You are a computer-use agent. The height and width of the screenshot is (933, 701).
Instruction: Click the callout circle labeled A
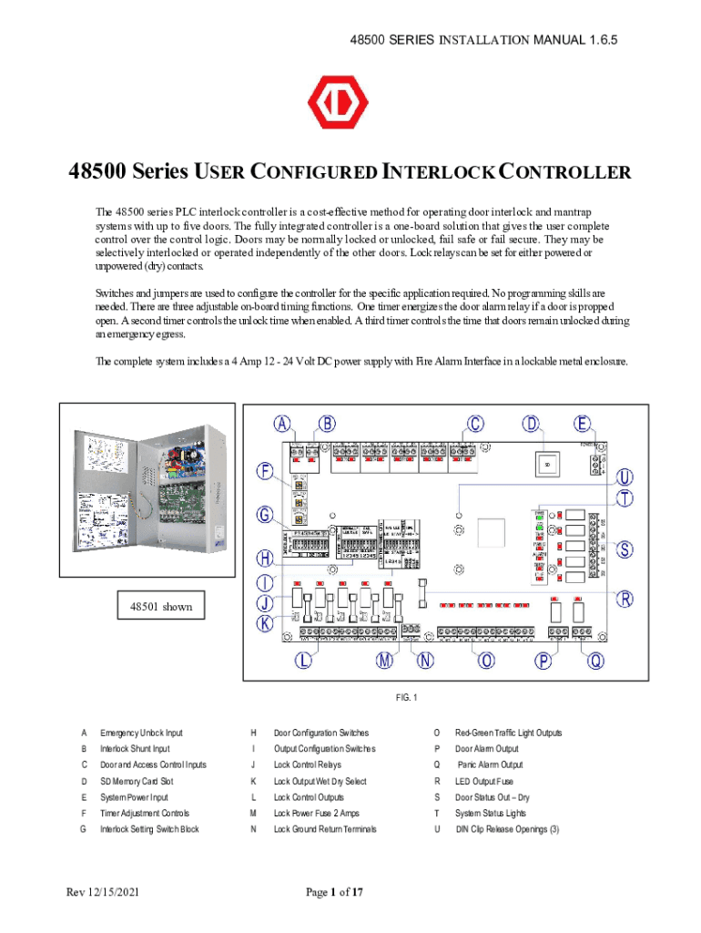click(284, 424)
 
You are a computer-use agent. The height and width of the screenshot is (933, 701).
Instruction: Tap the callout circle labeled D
click(533, 424)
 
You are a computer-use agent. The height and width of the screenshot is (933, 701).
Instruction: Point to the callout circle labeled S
click(625, 549)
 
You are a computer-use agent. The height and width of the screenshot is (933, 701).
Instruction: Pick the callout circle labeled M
click(385, 662)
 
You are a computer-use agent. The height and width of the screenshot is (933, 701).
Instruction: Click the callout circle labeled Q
click(595, 662)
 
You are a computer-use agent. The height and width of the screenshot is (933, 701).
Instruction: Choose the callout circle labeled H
click(264, 558)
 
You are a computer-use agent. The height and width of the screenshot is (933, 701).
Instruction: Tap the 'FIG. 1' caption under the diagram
click(405, 698)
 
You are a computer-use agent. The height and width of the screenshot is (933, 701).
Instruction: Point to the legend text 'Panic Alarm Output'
click(490, 765)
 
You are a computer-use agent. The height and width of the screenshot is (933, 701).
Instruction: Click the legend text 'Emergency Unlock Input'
click(141, 733)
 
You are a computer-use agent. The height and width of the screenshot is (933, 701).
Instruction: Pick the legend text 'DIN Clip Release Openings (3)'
click(509, 829)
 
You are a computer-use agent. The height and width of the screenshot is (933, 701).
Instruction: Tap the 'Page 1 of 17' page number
click(334, 892)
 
